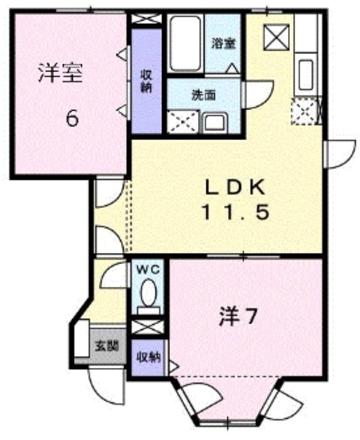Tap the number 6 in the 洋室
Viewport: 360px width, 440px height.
coord(71,118)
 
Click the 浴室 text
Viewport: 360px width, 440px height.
coord(223,42)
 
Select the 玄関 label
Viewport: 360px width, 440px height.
coord(105,346)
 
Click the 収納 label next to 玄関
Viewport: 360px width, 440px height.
coord(148,356)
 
